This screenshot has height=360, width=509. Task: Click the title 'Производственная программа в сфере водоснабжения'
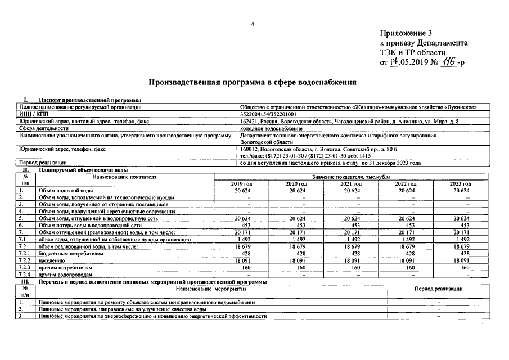(252, 82)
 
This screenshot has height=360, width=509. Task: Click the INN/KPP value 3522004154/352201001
(269, 114)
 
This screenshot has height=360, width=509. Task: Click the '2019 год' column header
(242, 184)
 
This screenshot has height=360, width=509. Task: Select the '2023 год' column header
(460, 184)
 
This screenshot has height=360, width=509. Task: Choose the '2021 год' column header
(351, 184)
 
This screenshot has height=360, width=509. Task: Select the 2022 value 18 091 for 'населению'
(407, 261)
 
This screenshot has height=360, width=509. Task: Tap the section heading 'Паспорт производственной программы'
(90, 100)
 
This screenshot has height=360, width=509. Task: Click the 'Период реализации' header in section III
(439, 288)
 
